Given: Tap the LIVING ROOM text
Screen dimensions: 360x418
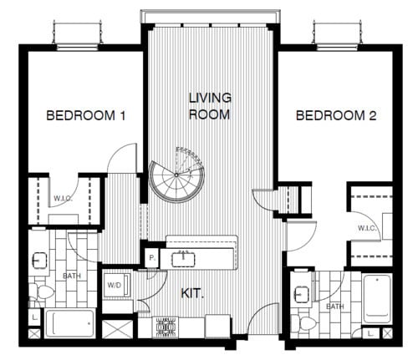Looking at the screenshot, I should tap(209, 106).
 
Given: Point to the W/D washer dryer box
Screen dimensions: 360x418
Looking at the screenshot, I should tap(114, 285).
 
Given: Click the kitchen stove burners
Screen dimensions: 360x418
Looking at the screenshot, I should tap(165, 327).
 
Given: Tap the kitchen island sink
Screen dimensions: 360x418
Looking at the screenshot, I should tap(182, 256).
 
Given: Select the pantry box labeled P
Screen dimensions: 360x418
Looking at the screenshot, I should tap(152, 258).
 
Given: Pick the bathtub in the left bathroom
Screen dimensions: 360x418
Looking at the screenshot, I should tap(70, 323).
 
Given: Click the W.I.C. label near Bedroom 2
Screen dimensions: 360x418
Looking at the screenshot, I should tap(365, 227).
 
